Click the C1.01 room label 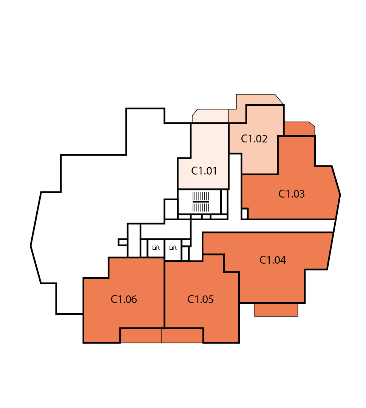pyautogui.click(x=204, y=171)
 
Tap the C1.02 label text pyautogui.click(x=254, y=139)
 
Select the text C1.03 pyautogui.click(x=291, y=194)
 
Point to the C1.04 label pyautogui.click(x=273, y=260)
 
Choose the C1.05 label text pyautogui.click(x=200, y=299)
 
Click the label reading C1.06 pyautogui.click(x=124, y=299)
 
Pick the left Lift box pyautogui.click(x=156, y=248)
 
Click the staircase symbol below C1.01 pyautogui.click(x=201, y=202)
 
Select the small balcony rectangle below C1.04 pyautogui.click(x=276, y=310)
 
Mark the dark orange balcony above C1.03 pyautogui.click(x=300, y=128)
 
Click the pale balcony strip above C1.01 pyautogui.click(x=210, y=116)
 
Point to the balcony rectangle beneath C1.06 pyautogui.click(x=141, y=336)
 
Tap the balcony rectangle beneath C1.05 pyautogui.click(x=182, y=336)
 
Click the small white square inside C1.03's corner pyautogui.click(x=244, y=214)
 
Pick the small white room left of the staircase pyautogui.click(x=171, y=209)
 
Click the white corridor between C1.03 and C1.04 pyautogui.click(x=287, y=226)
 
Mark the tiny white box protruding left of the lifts pyautogui.click(x=123, y=242)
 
